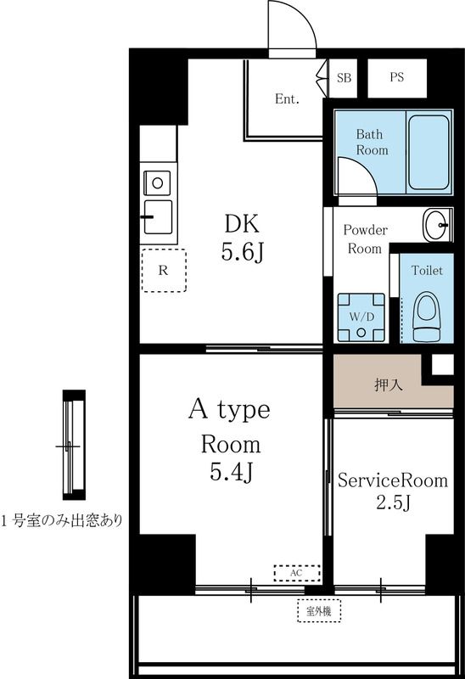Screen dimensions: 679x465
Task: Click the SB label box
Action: click(x=344, y=77)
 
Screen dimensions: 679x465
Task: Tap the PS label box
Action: click(x=396, y=77)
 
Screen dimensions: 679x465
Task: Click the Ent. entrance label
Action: click(x=287, y=99)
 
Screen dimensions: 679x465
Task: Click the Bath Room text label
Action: click(x=372, y=143)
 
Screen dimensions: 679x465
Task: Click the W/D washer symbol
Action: click(x=361, y=317)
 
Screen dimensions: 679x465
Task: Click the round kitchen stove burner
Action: click(x=157, y=180)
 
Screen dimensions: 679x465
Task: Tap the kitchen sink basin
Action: click(x=159, y=215)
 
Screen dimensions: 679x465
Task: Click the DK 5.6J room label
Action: click(x=241, y=238)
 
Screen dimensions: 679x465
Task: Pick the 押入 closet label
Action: click(x=389, y=384)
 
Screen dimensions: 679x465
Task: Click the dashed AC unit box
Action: click(x=296, y=574)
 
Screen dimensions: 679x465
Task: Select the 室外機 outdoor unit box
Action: click(x=318, y=609)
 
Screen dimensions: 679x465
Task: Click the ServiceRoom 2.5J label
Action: click(x=392, y=491)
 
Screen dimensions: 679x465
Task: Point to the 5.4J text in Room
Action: click(x=230, y=473)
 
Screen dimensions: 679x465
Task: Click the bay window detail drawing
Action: click(x=75, y=445)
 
